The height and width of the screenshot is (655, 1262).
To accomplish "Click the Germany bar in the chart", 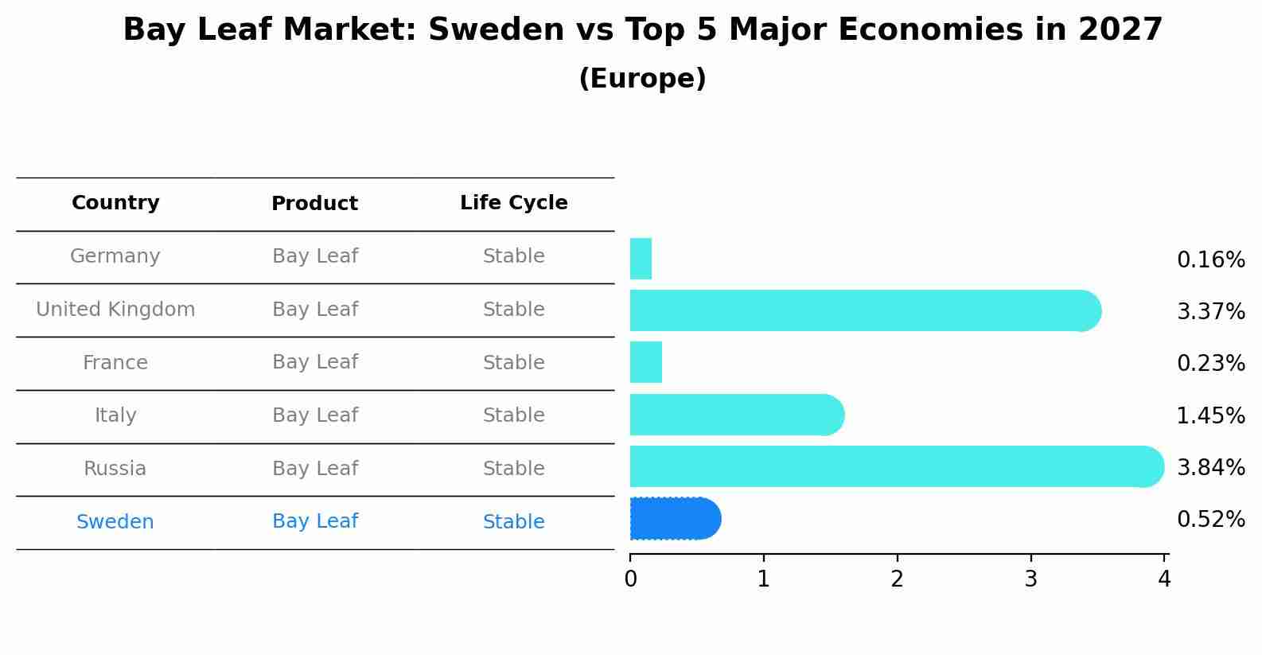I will click(x=641, y=259).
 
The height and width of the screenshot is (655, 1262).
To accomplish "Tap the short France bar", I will click(x=645, y=362).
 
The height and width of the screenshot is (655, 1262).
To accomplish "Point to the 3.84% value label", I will click(x=1210, y=467).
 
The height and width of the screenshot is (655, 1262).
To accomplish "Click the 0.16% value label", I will click(x=1210, y=260).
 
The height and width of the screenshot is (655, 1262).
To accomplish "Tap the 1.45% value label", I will click(x=1210, y=415).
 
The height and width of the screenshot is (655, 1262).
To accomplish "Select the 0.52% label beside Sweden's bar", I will click(x=1210, y=520).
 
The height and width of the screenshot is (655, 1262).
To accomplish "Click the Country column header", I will click(x=115, y=203).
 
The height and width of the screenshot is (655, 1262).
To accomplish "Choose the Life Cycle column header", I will click(x=513, y=203).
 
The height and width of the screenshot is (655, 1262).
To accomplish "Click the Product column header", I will click(x=314, y=204).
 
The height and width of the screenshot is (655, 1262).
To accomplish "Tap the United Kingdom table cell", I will click(x=115, y=310).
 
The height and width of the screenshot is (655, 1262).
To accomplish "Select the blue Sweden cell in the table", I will click(x=115, y=522).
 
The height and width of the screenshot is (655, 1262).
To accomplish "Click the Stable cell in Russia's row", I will click(x=513, y=469).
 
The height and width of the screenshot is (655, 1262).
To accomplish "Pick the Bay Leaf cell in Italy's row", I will click(x=314, y=415).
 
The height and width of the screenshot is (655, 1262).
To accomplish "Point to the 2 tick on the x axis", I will click(x=897, y=579).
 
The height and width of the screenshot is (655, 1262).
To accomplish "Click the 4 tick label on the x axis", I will click(x=1164, y=579).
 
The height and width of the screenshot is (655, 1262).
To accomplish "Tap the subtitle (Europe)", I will click(x=642, y=79).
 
